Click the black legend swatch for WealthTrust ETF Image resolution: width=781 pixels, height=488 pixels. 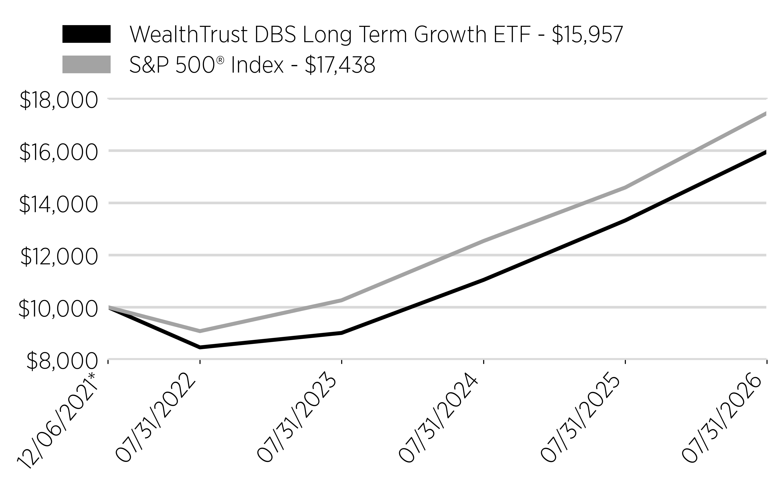(x=87, y=34)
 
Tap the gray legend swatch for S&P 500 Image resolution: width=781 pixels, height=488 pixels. (x=87, y=64)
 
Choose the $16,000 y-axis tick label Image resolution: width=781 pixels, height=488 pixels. (x=58, y=152)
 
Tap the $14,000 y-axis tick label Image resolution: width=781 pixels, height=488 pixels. (x=58, y=205)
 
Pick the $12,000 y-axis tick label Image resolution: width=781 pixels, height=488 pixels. (x=58, y=257)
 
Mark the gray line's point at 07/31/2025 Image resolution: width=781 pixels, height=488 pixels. (x=625, y=187)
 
